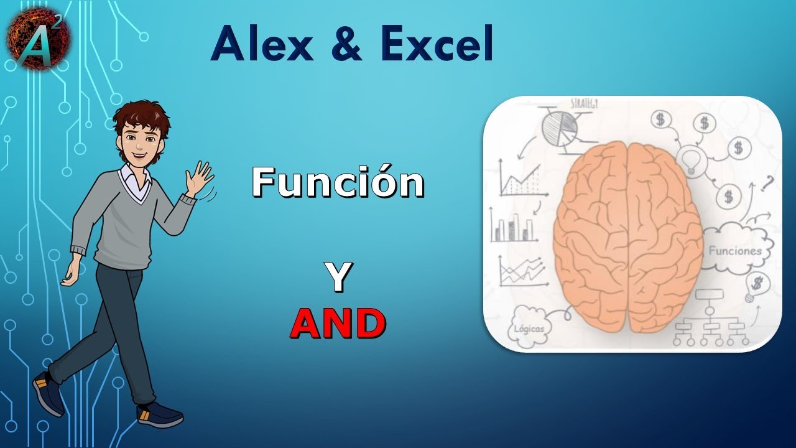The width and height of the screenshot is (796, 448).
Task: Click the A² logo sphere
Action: coord(39,39)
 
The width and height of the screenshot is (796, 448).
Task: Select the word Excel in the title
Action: coord(437,45)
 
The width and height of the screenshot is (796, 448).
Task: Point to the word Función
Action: coord(338,183)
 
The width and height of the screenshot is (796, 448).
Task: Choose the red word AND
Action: coord(338,324)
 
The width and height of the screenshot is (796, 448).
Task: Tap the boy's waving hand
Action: coord(200,179)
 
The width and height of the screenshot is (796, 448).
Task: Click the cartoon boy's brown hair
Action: coord(142,118)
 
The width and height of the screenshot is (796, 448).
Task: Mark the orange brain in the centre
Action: coord(628,236)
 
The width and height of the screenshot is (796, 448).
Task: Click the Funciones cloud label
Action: coord(735,251)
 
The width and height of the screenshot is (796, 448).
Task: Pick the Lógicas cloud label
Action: coord(529,328)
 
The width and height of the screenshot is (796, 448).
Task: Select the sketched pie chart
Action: coord(560,128)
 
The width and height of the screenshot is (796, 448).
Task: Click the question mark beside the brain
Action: coord(767,183)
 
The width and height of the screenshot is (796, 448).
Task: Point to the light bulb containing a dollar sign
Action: coord(757,285)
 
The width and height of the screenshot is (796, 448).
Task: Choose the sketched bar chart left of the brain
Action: coord(514,225)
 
